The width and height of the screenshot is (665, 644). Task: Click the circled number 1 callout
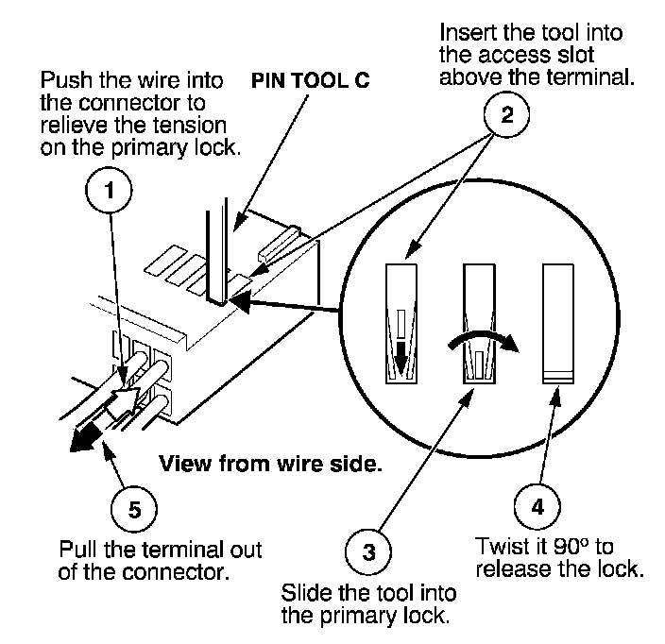(112, 191)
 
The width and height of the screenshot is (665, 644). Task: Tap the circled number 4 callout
(537, 505)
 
